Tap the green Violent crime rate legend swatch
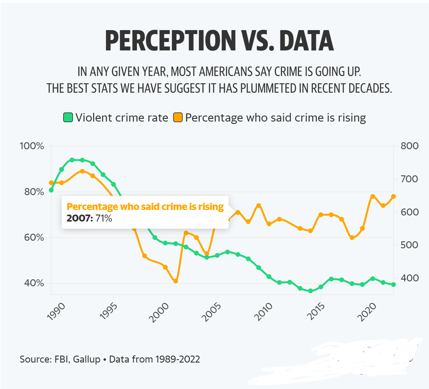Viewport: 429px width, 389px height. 68,117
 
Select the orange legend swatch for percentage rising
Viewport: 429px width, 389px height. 178,117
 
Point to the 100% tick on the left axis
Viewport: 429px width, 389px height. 32,146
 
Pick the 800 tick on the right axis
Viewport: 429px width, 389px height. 409,146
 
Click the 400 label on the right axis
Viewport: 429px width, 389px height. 409,278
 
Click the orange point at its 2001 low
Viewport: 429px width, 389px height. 176,281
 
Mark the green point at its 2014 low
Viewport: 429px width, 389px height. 311,291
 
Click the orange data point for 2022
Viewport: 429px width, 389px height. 393,196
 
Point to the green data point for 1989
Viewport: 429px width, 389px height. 51,190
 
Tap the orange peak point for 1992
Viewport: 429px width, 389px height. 82,171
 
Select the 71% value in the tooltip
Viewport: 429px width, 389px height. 104,218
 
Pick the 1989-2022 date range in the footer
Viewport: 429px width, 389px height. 178,359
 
